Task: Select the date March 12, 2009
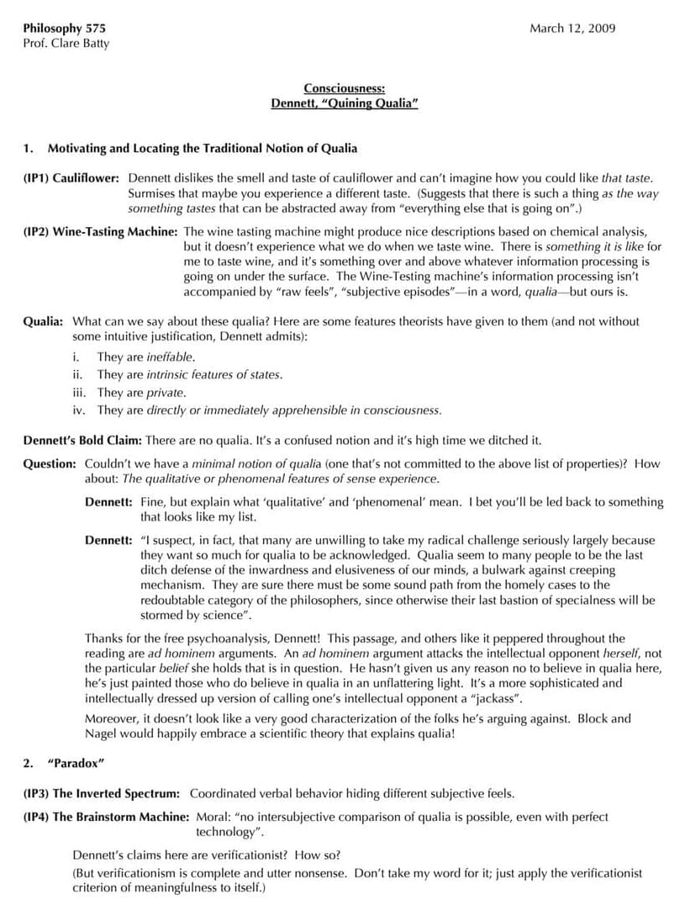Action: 572,28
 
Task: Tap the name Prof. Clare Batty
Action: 66,43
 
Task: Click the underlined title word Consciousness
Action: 345,88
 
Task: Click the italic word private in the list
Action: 166,393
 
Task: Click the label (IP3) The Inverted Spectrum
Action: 101,793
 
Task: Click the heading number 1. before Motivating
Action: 28,149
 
